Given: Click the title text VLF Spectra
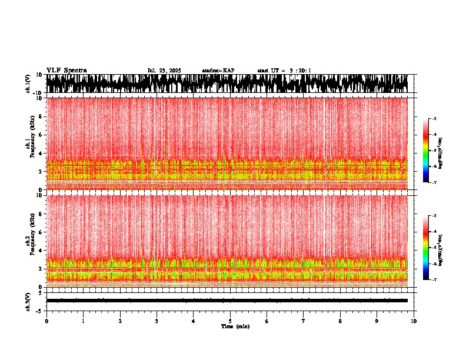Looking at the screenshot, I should click(66, 71).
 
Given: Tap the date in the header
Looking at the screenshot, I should click(164, 71).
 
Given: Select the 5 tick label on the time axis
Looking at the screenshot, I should click(230, 321).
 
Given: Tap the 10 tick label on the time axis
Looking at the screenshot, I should click(414, 321).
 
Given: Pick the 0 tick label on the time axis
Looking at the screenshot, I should click(46, 321).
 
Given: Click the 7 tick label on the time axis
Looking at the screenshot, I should click(304, 321).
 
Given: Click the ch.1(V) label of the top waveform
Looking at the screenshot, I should click(28, 84).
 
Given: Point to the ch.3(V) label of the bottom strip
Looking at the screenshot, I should click(28, 301).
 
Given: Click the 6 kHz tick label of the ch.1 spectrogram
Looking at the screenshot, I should click(39, 135).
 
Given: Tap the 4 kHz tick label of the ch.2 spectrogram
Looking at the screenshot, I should click(39, 251).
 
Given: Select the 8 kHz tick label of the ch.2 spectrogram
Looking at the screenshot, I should click(39, 214).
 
